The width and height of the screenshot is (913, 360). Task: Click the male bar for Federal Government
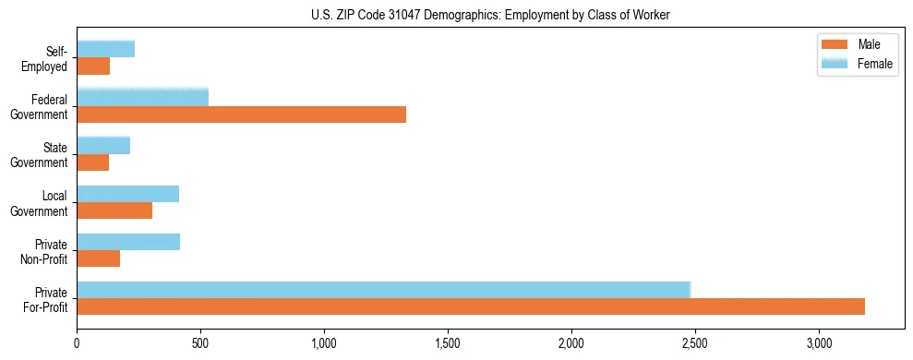[241, 114]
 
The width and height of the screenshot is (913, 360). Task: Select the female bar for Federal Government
[142, 97]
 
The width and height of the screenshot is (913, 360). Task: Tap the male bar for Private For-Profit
[471, 306]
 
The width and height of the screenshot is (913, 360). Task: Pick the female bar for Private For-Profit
[383, 290]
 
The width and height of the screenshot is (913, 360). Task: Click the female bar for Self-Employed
[105, 49]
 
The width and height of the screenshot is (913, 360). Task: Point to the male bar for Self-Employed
[93, 66]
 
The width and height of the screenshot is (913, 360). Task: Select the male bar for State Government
[92, 162]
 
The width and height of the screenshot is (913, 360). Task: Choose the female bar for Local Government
[127, 194]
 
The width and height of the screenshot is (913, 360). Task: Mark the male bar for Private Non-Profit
[98, 258]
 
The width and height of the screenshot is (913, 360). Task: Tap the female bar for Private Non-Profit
[128, 242]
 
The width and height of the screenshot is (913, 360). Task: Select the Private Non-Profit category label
[43, 251]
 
